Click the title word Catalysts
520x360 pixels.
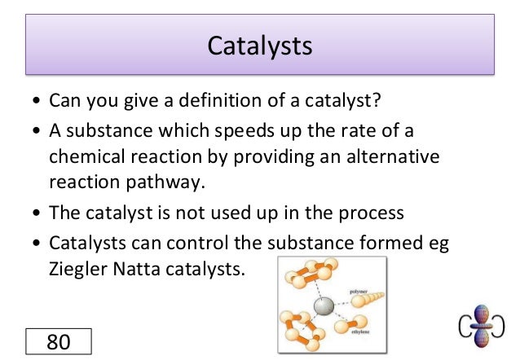point(260,45)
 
